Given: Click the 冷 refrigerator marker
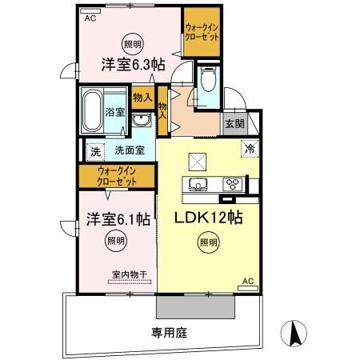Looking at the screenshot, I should click(248, 147).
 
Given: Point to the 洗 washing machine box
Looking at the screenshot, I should click(95, 150).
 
